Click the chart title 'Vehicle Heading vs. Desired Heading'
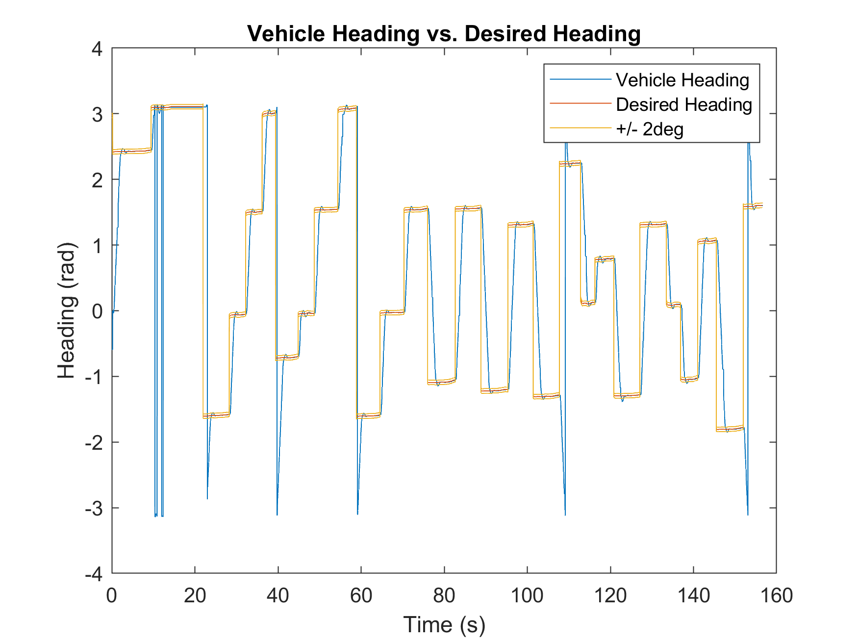click(444, 34)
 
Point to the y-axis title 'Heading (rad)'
click(67, 311)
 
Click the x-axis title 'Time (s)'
click(444, 625)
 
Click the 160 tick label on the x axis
click(776, 595)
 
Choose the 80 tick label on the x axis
click(444, 595)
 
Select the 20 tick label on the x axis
click(195, 595)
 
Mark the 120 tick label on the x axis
click(610, 595)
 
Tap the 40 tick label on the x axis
click(278, 595)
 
